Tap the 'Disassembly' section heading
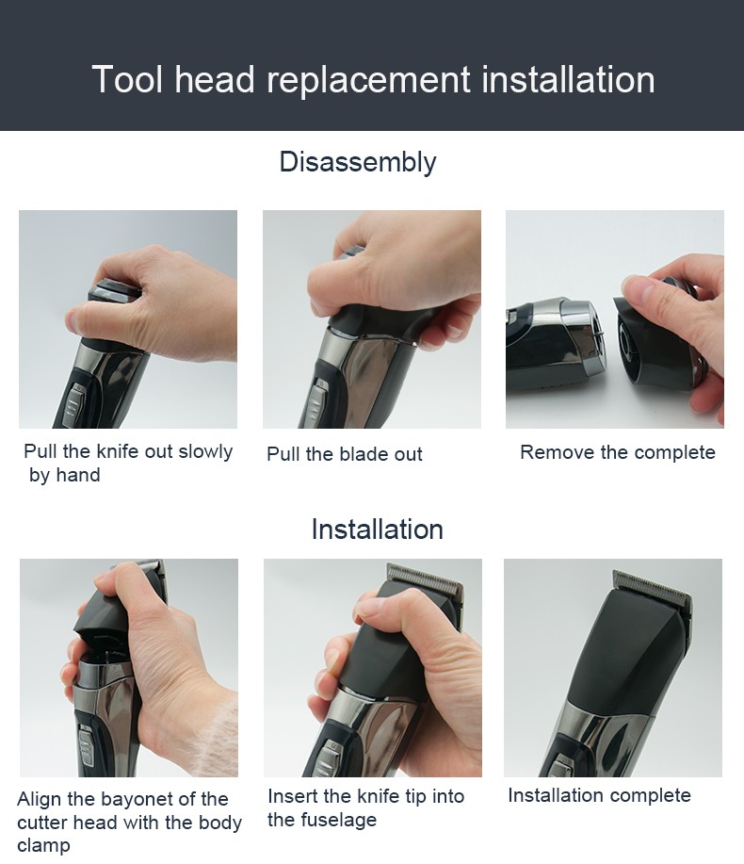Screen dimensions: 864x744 pyautogui.click(x=357, y=162)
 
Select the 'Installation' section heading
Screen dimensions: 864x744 pyautogui.click(x=377, y=529)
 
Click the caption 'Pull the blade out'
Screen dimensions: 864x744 pyautogui.click(x=345, y=454)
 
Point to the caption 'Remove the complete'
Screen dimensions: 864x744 pyautogui.click(x=617, y=452)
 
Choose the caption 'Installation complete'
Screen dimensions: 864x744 pyautogui.click(x=599, y=795)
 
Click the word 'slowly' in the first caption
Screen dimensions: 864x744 pyautogui.click(x=205, y=451)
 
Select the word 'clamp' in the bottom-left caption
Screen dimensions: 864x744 pyautogui.click(x=43, y=845)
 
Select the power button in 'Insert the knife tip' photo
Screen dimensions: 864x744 pyautogui.click(x=332, y=754)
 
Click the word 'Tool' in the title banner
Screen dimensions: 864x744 pyautogui.click(x=126, y=80)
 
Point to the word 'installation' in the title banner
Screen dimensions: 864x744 pyautogui.click(x=568, y=80)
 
